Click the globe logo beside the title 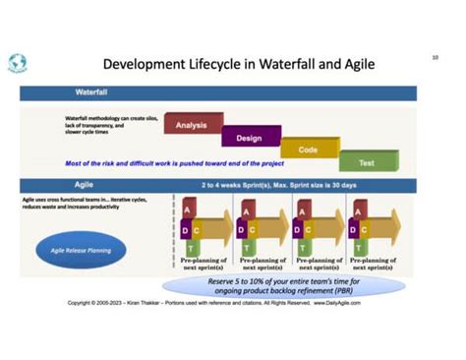click(18, 63)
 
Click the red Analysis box click(191, 125)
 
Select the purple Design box click(249, 138)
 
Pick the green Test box click(366, 162)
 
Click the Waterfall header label click(94, 92)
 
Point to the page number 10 click(435, 57)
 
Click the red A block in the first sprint click(188, 210)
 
